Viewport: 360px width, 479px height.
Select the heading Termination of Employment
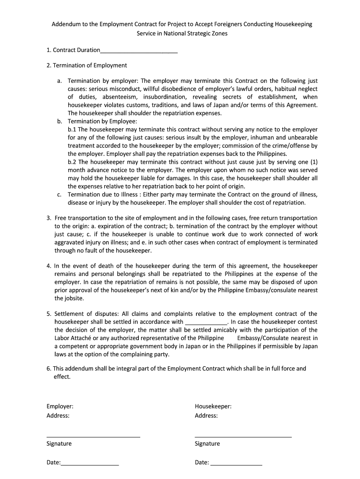click(x=90, y=65)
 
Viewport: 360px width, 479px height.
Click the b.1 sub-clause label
click(x=72, y=129)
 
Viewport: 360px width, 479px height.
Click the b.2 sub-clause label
click(x=72, y=161)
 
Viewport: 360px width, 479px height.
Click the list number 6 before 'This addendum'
click(x=48, y=368)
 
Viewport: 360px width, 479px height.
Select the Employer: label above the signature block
click(x=60, y=406)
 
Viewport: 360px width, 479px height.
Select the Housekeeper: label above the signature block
click(x=213, y=406)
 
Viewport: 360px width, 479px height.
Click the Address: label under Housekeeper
click(x=206, y=415)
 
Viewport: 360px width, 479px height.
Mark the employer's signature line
click(x=93, y=436)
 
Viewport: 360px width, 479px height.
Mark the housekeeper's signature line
click(x=243, y=436)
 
